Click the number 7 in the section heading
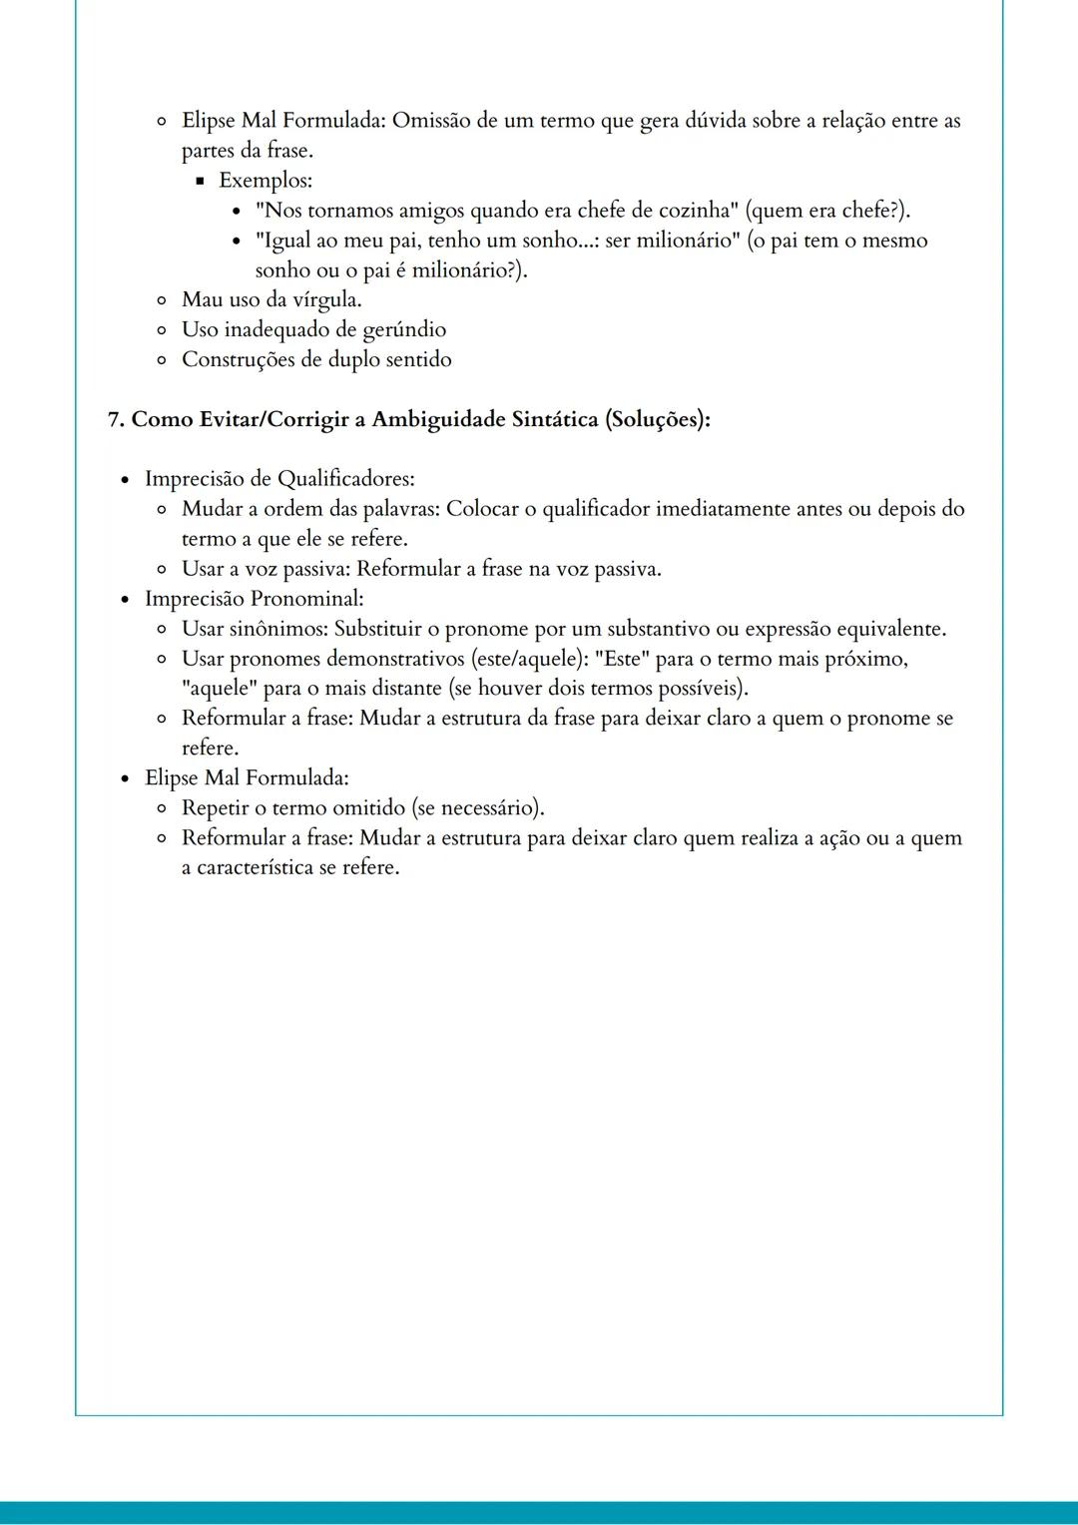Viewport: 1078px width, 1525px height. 114,419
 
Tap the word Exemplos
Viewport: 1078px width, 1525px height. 265,181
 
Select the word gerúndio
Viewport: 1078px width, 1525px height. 404,330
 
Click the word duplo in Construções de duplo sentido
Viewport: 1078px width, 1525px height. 353,360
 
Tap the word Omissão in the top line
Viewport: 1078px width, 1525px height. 431,121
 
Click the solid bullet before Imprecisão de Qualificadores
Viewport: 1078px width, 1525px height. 125,480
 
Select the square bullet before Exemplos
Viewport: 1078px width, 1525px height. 200,182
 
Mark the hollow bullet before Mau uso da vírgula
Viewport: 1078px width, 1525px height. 162,300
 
